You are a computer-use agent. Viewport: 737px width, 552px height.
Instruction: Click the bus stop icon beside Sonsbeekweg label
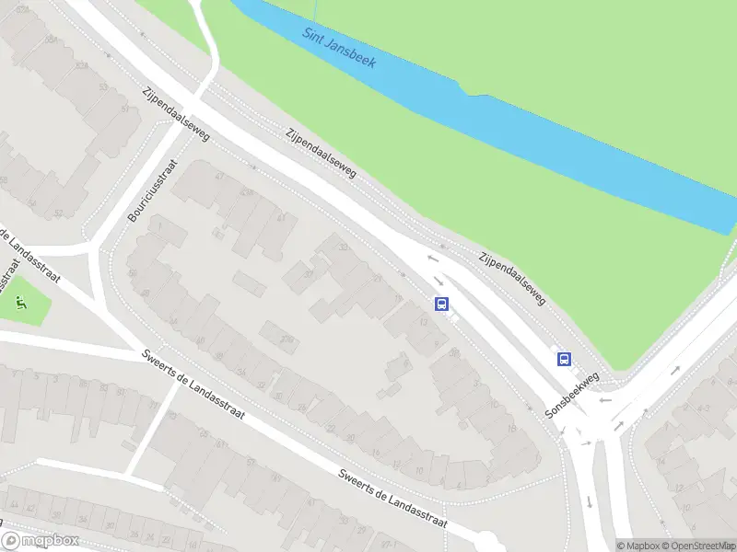[x=563, y=360]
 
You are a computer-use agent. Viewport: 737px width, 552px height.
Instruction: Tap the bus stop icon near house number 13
[x=442, y=304]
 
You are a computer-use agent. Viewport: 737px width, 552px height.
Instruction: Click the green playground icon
[x=20, y=301]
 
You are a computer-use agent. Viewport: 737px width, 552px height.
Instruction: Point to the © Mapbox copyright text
[x=642, y=546]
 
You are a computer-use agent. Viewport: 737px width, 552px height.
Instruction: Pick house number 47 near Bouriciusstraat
[x=218, y=176]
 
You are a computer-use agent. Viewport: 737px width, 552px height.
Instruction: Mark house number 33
[x=345, y=247]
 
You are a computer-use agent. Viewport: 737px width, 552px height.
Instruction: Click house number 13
[x=423, y=323]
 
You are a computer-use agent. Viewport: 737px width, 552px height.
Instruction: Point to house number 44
[x=13, y=505]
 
